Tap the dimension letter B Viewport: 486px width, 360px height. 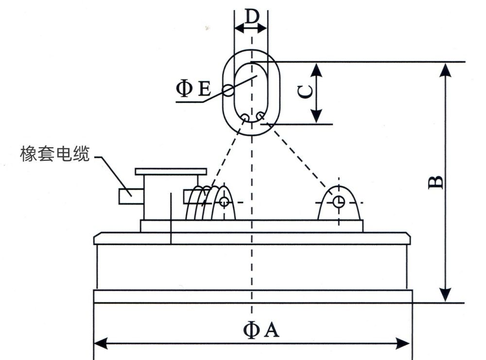pyautogui.click(x=435, y=181)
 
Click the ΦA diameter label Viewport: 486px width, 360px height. pyautogui.click(x=261, y=330)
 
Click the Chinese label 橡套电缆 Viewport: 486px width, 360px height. pyautogui.click(x=55, y=154)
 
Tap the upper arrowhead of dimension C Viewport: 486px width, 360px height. pyautogui.click(x=316, y=69)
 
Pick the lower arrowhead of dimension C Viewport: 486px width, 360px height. pyautogui.click(x=316, y=117)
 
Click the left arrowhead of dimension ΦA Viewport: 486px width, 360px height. pyautogui.click(x=100, y=343)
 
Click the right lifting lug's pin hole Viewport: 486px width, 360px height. pyautogui.click(x=338, y=201)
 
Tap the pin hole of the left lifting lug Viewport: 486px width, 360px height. pyautogui.click(x=224, y=201)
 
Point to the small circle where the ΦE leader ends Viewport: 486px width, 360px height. pyautogui.click(x=228, y=89)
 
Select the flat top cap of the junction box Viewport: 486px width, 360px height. pyautogui.click(x=171, y=171)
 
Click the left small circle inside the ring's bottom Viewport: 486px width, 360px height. pyautogui.click(x=245, y=117)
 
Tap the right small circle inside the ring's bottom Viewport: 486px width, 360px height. pyautogui.click(x=261, y=116)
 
